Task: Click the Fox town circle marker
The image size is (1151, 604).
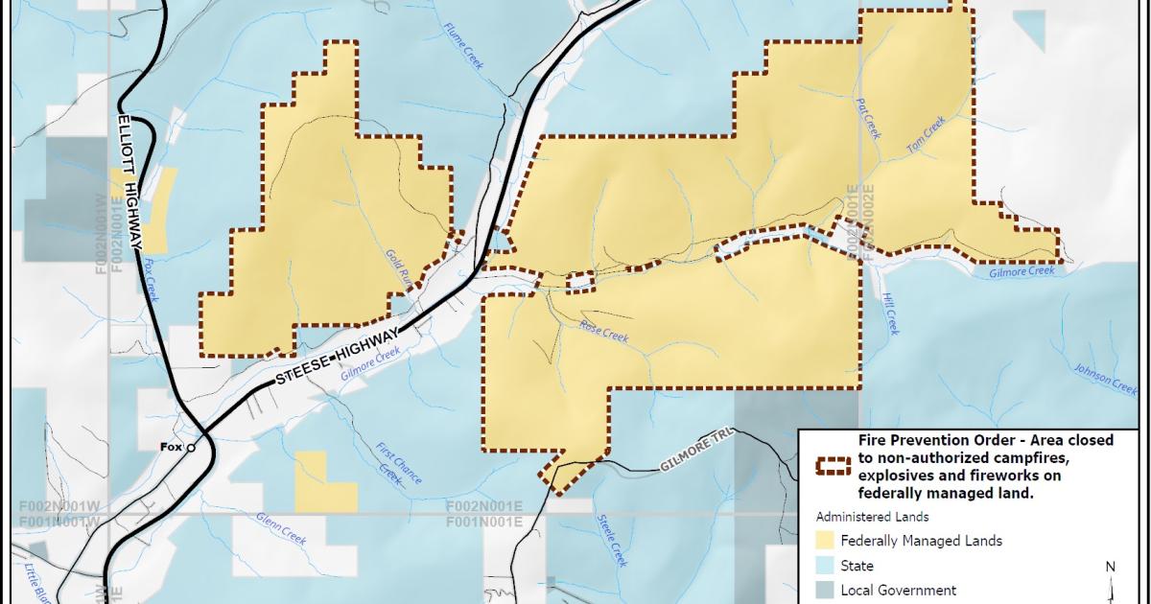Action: tap(191, 447)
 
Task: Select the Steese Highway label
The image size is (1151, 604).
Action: tap(337, 357)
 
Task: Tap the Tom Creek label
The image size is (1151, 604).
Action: tap(927, 135)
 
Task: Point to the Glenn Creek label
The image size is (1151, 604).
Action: tap(280, 528)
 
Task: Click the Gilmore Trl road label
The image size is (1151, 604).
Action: tap(695, 463)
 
